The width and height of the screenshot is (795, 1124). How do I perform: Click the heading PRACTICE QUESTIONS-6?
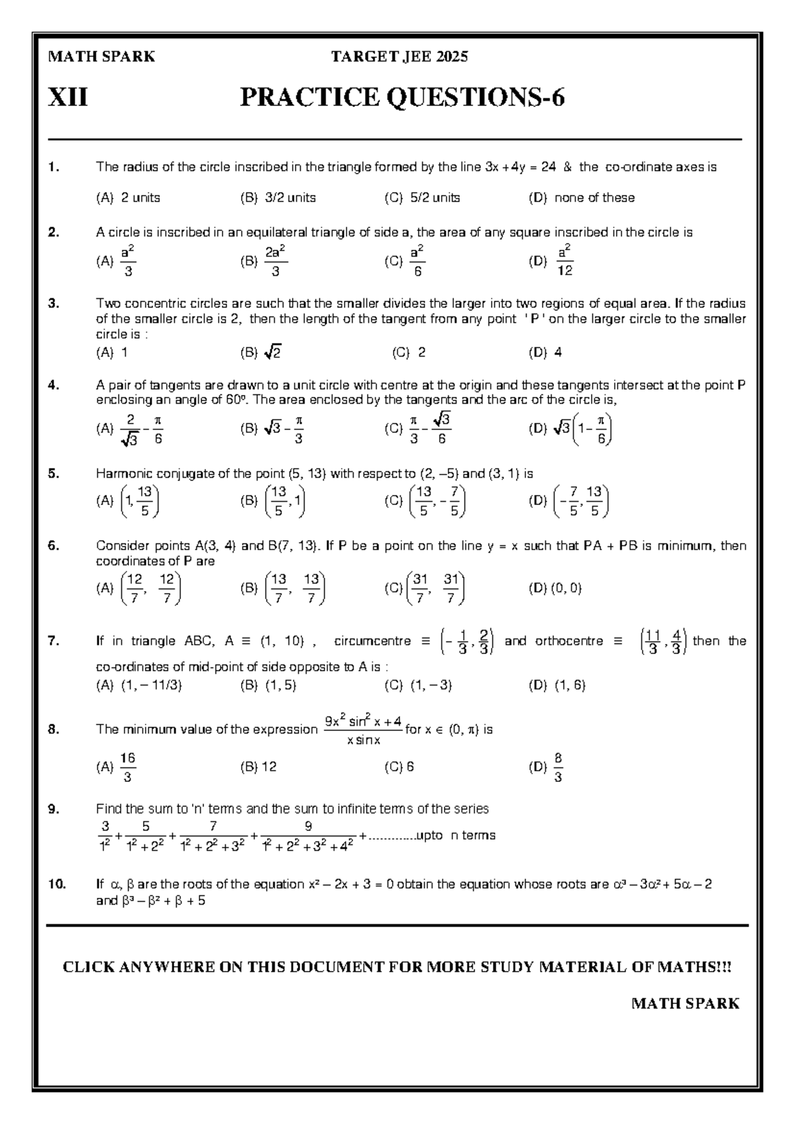pyautogui.click(x=402, y=98)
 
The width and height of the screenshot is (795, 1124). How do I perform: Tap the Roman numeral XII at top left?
pyautogui.click(x=68, y=98)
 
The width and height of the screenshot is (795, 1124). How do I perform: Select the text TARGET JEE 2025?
pyautogui.click(x=399, y=57)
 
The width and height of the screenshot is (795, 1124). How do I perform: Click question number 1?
pyautogui.click(x=54, y=167)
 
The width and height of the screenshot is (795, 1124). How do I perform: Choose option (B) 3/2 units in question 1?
pyautogui.click(x=278, y=197)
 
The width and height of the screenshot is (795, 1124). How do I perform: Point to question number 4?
pyautogui.click(x=54, y=385)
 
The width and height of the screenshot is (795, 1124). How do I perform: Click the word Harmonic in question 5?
pyautogui.click(x=121, y=474)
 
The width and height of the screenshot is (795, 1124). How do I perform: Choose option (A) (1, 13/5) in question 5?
pyautogui.click(x=129, y=502)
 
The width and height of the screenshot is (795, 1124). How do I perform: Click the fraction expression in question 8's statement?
pyautogui.click(x=363, y=730)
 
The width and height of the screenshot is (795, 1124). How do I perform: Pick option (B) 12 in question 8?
pyautogui.click(x=259, y=767)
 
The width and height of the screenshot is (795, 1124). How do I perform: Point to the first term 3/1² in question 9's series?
pyautogui.click(x=105, y=836)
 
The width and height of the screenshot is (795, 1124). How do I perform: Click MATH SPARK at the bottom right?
pyautogui.click(x=685, y=1003)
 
